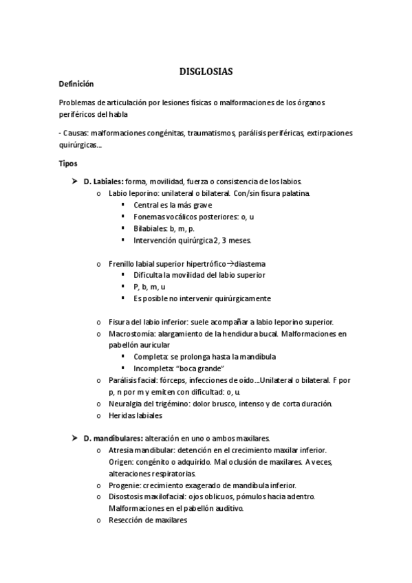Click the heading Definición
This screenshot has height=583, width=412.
coord(76,84)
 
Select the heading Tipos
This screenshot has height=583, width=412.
coord(69,164)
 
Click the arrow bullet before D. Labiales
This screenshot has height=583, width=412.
coord(75,181)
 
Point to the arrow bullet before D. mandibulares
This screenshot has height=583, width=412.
coord(75,438)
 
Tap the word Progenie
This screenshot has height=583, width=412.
coord(124,485)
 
